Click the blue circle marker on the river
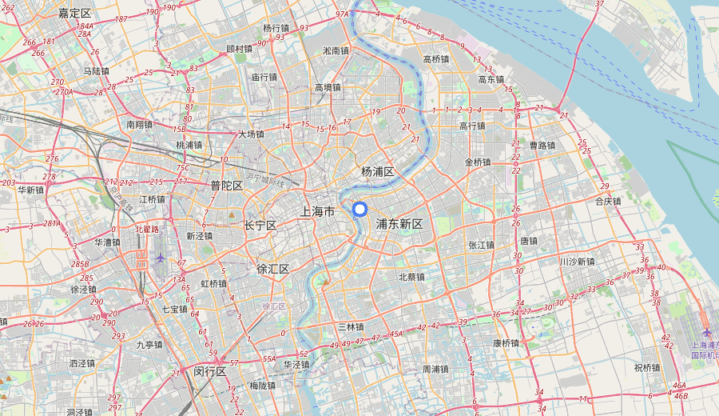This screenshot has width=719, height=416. tap(359, 210)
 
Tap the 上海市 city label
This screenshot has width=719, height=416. tap(317, 211)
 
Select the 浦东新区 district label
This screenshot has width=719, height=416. tap(399, 224)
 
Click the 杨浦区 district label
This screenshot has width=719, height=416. tap(378, 172)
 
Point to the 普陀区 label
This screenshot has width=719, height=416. tap(226, 186)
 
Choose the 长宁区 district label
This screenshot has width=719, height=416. tap(260, 226)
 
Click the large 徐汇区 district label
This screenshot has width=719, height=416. tap(272, 269)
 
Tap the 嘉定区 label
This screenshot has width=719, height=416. tap(75, 14)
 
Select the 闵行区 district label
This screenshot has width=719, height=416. tap(211, 371)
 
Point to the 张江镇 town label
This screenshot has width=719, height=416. tap(483, 245)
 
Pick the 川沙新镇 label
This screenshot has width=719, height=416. tap(577, 262)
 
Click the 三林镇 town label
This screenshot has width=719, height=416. tap(350, 326)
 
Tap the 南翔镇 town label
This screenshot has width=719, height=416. tap(139, 125)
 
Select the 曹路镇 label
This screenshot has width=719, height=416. tap(542, 146)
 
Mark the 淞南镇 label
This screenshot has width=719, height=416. tap(336, 50)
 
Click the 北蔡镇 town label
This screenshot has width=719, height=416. tap(411, 277)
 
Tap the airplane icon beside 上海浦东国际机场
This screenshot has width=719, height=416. tap(706, 332)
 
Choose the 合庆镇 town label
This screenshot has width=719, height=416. tap(608, 202)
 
